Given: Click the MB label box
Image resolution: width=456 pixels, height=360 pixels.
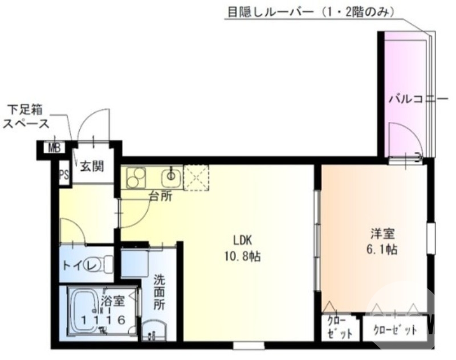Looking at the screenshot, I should tap(54, 148).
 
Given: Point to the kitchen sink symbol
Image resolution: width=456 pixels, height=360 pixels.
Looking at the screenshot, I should tap(170, 178).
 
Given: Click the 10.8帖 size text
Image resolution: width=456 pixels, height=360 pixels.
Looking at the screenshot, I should tap(242, 256).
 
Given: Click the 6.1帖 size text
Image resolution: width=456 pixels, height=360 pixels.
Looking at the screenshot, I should tap(382, 249).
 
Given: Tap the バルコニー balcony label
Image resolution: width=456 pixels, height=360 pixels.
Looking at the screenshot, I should tap(410, 99).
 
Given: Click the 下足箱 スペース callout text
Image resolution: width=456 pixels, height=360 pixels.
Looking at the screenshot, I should tap(26, 116).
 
